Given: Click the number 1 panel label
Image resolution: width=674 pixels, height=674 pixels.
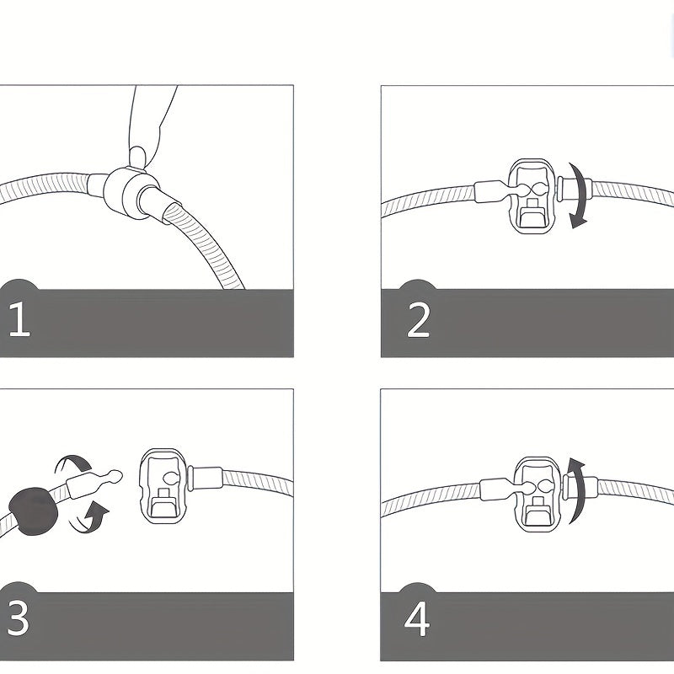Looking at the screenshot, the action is [19, 318].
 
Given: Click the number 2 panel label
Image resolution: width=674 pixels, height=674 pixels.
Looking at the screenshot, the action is [418, 320].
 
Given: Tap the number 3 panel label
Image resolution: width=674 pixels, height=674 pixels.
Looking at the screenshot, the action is [19, 618].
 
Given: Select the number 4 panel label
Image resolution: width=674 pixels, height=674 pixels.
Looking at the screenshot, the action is [416, 619].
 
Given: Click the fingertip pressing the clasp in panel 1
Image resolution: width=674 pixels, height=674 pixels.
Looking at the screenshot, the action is [137, 158].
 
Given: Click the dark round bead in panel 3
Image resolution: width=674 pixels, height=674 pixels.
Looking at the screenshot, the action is [34, 511].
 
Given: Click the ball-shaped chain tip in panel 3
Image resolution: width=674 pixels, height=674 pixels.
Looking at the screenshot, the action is [115, 476].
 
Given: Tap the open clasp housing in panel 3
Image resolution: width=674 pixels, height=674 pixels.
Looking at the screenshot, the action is [163, 486].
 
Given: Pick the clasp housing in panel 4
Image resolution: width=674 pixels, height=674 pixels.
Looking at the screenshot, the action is [538, 495].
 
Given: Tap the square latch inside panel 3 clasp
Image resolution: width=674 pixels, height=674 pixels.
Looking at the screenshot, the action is [163, 493].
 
